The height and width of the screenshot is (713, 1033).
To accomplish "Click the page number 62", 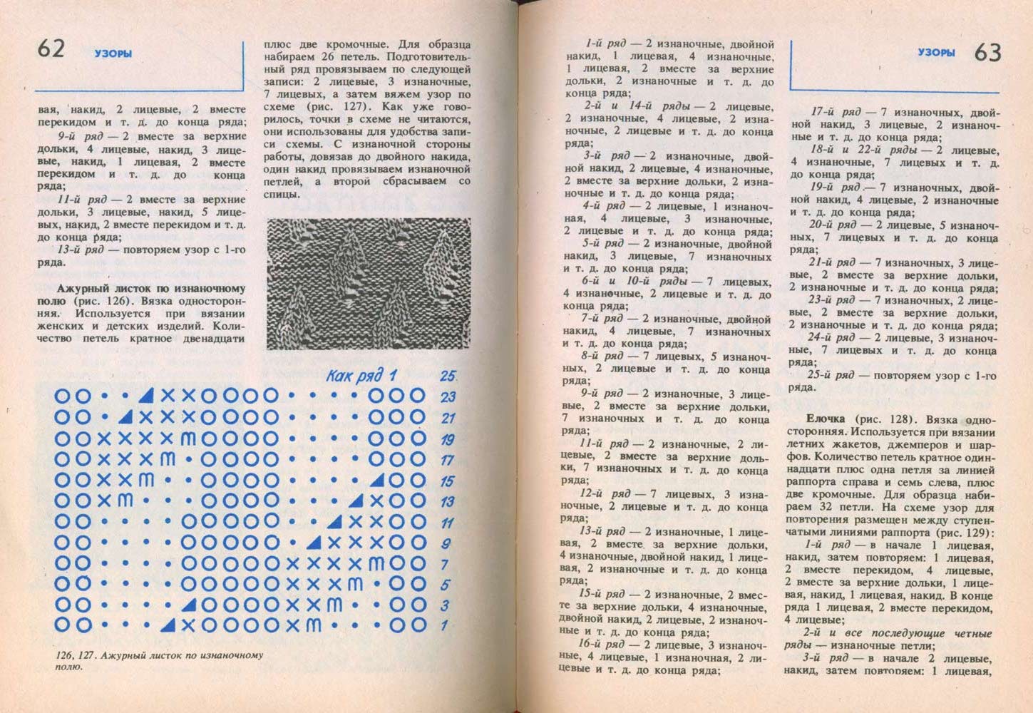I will pos(51,48).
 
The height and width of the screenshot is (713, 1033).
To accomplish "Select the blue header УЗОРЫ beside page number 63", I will pos(936,53).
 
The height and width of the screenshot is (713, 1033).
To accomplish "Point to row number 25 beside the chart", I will pos(448,376).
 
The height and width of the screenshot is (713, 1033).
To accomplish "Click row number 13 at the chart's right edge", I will pos(448,501).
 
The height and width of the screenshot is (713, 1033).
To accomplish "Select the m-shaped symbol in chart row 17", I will pos(168,459).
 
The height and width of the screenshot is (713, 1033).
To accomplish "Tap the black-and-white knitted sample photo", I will pos(369,283).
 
